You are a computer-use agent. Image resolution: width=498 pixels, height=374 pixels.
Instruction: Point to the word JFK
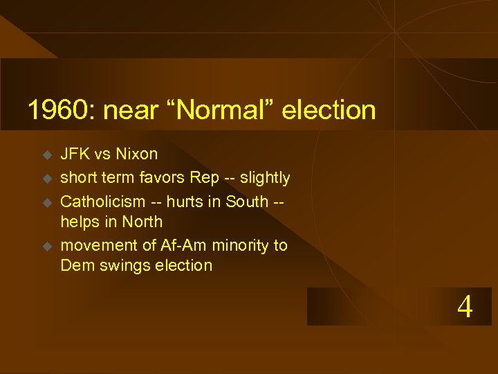point(75,154)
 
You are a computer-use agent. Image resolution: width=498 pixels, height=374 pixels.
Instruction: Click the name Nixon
point(137,154)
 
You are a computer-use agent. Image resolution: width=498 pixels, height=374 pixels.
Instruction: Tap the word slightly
point(264,178)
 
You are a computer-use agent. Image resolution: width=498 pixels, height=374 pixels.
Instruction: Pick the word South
point(248,202)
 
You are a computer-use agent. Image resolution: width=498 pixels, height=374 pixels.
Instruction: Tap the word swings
point(124,265)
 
